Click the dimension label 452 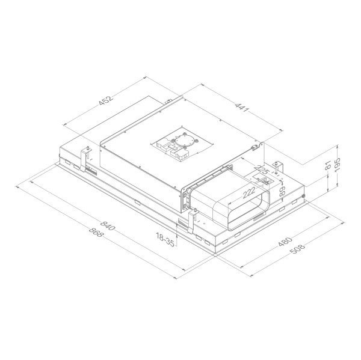click(x=105, y=103)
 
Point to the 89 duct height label click(x=281, y=191)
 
